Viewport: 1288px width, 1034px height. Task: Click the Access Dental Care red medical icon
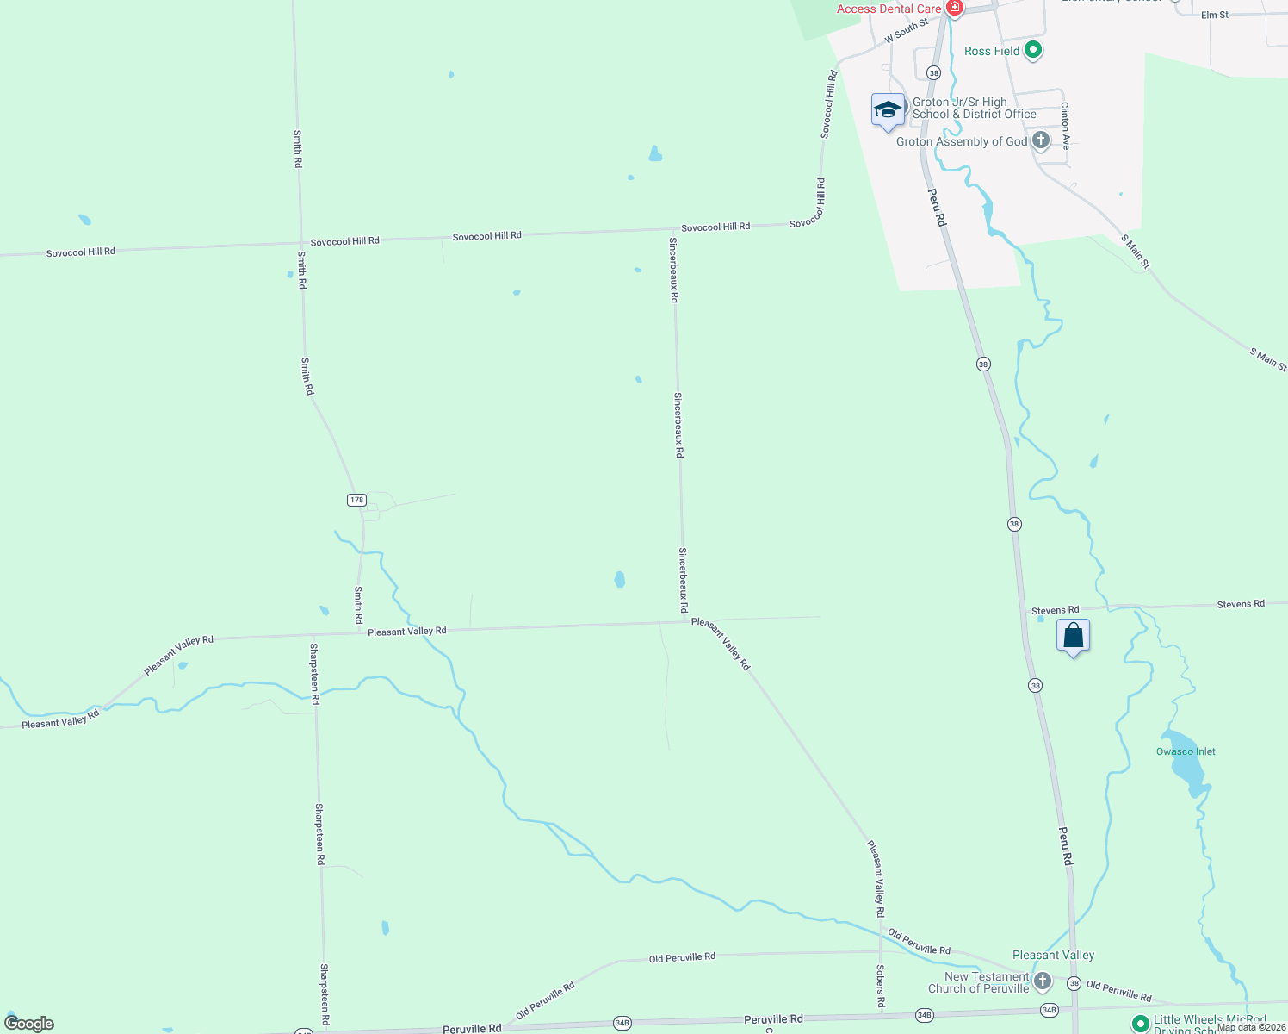coord(954,9)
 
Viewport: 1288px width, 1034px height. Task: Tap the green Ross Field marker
coord(1033,51)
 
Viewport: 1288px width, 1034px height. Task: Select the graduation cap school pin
coord(888,110)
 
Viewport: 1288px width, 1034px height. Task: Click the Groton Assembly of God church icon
coord(1041,140)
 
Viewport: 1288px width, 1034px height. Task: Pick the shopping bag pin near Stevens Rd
coord(1073,637)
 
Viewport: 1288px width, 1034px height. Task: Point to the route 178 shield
coord(357,500)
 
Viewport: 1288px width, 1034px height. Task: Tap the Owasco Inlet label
coord(1186,751)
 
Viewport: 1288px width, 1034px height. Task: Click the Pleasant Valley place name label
coord(1053,955)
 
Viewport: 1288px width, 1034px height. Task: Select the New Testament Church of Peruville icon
coord(1042,981)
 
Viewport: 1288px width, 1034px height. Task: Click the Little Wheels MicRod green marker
coord(1141,1023)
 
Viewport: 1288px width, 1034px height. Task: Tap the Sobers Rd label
coord(880,986)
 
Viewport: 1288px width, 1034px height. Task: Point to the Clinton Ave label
coord(1065,126)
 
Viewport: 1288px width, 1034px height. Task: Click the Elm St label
coord(1215,15)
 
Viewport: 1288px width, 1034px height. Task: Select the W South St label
coord(907,32)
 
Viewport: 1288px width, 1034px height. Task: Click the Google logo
coord(29,1024)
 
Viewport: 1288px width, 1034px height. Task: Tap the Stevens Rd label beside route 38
coord(1055,610)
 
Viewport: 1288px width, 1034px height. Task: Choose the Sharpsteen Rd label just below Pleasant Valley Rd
coord(314,674)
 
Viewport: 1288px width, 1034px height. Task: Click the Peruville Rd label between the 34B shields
coord(773,1019)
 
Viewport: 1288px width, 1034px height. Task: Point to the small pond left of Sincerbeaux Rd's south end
coord(620,579)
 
